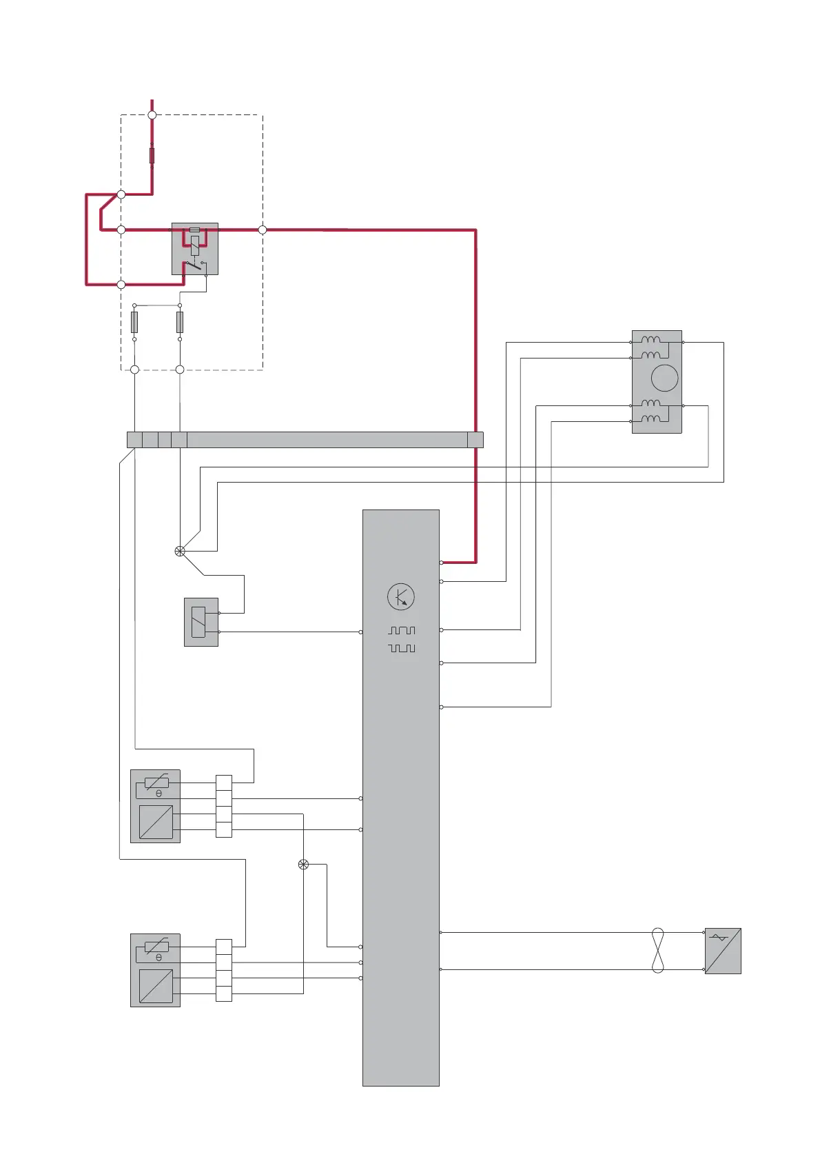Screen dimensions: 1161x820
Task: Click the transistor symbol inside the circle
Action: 401,597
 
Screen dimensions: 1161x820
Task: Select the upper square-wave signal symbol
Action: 402,631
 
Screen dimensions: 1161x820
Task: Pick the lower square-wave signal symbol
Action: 402,648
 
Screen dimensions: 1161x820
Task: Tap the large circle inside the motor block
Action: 664,378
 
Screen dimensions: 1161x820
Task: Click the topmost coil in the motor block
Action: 650,340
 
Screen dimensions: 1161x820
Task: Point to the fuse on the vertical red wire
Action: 152,155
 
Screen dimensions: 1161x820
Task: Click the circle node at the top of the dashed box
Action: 152,115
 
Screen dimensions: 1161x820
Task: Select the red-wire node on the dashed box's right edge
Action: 262,230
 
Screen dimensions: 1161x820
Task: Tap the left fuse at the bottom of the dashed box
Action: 134,322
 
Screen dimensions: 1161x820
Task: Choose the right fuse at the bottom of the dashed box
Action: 180,322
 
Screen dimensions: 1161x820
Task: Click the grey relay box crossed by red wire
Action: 195,249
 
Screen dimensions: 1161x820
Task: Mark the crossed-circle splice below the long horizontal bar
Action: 180,551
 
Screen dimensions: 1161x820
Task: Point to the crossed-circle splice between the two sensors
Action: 303,865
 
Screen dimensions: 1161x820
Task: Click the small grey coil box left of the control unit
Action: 201,622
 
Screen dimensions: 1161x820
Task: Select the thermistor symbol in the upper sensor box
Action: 157,783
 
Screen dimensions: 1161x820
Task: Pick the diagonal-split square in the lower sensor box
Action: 156,986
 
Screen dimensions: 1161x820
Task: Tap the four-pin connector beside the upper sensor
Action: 224,806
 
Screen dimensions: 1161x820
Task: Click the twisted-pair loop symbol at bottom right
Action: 657,951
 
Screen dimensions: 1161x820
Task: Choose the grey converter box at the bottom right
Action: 723,951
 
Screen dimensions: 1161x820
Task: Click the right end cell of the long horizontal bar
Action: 475,440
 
